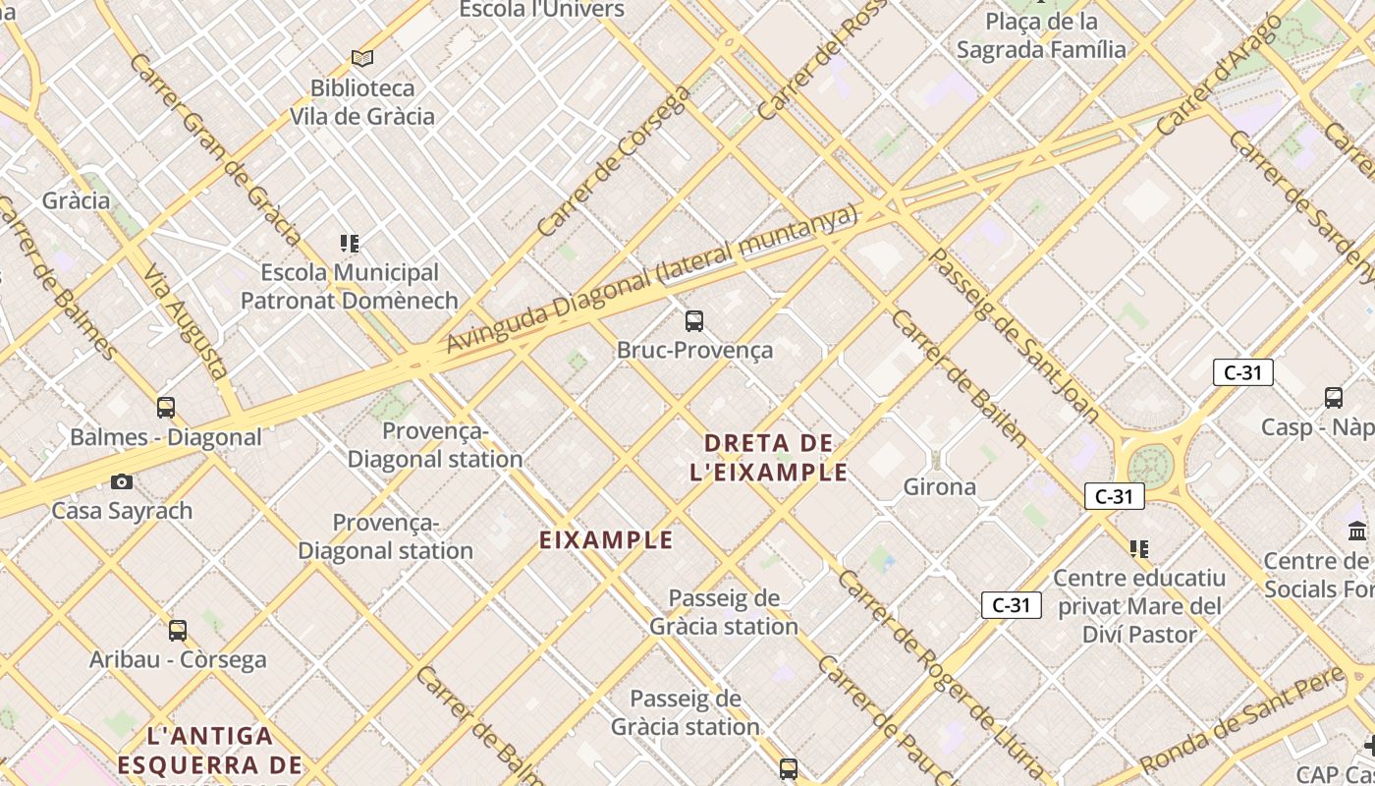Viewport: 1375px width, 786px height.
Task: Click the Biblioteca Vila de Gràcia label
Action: point(361,102)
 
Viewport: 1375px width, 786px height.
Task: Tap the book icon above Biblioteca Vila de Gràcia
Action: point(362,58)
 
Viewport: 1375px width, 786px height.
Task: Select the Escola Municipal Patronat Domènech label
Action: point(350,286)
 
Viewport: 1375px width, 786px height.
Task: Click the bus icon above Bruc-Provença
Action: point(694,320)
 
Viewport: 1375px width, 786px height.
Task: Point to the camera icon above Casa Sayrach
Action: point(122,481)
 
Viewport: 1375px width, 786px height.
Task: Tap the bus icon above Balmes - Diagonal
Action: point(166,407)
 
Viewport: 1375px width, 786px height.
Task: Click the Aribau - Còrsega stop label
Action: point(178,659)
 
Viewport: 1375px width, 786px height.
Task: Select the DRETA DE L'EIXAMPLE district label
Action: point(769,458)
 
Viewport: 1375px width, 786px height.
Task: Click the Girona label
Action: point(940,486)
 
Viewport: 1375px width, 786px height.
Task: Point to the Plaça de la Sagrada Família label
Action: point(1041,35)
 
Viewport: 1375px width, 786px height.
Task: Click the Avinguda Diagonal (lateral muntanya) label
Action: point(652,280)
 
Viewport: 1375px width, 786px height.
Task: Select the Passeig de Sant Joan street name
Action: point(1014,334)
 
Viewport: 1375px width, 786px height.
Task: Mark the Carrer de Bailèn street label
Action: point(959,378)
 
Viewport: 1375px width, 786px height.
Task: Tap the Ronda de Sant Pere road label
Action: point(1241,718)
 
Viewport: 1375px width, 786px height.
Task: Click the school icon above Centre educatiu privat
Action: point(1139,548)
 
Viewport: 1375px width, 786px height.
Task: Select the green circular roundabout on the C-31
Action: point(1148,465)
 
